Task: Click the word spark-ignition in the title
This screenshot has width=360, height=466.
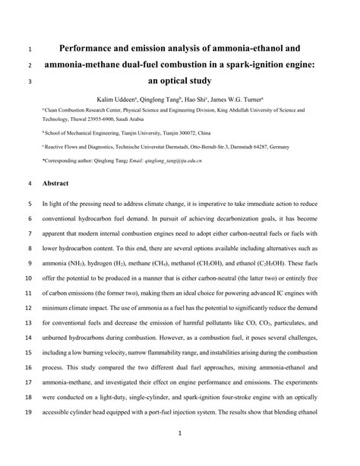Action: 254,65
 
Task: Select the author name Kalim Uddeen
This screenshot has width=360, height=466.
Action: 118,100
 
